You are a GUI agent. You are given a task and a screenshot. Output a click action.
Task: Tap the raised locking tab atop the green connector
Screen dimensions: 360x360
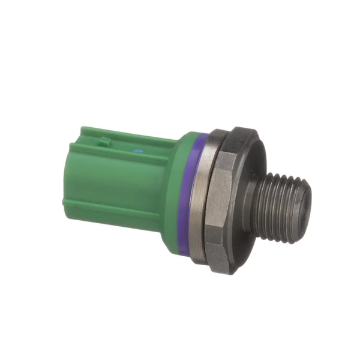(x=105, y=142)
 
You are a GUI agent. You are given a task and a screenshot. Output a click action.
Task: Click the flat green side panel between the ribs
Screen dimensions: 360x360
(x=120, y=183)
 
